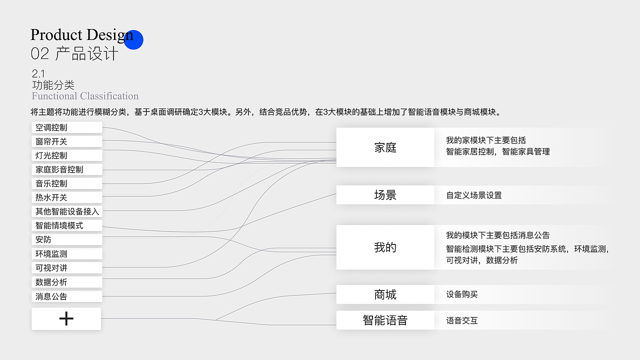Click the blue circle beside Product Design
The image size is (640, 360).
tap(133, 40)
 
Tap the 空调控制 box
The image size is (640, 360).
tap(67, 127)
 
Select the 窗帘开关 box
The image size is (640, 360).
tap(67, 141)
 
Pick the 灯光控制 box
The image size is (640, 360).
tap(67, 155)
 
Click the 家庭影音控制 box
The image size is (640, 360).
tap(67, 169)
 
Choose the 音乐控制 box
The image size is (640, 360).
tap(67, 183)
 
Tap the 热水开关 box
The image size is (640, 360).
tap(67, 197)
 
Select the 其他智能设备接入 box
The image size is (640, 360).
tap(67, 211)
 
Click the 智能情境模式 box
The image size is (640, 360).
tap(67, 225)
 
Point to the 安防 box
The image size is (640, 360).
tap(67, 239)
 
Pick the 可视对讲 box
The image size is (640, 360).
tap(67, 268)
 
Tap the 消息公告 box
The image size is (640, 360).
tap(67, 296)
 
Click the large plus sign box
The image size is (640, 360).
tap(66, 318)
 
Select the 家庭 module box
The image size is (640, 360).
tap(385, 147)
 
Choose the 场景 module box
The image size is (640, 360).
tap(385, 195)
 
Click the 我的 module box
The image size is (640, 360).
tap(385, 247)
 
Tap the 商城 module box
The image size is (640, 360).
tap(385, 294)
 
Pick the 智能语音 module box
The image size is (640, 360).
tap(385, 320)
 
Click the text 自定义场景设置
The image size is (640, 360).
tap(473, 195)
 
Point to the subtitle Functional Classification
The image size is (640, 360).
tap(85, 96)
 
